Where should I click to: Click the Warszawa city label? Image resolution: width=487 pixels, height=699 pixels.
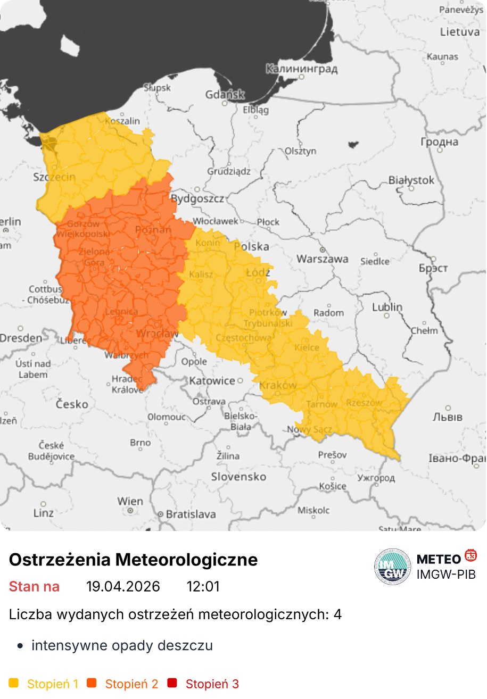pyautogui.click(x=323, y=259)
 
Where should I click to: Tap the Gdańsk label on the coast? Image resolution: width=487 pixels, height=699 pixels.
pyautogui.click(x=225, y=95)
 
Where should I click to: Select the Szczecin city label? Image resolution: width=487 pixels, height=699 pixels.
pyautogui.click(x=54, y=177)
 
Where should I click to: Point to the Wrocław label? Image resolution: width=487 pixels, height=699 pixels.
pyautogui.click(x=158, y=334)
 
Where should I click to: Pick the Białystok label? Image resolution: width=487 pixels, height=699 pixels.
pyautogui.click(x=411, y=180)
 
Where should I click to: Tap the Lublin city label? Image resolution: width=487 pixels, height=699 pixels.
pyautogui.click(x=387, y=307)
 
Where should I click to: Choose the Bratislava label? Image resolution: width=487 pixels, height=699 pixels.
pyautogui.click(x=191, y=514)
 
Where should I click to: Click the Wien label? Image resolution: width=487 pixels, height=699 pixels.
pyautogui.click(x=130, y=501)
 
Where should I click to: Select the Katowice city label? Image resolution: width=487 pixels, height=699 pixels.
pyautogui.click(x=212, y=381)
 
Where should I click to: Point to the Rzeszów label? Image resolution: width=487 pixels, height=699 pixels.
pyautogui.click(x=364, y=403)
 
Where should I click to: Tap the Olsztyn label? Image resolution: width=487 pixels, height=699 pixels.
pyautogui.click(x=301, y=151)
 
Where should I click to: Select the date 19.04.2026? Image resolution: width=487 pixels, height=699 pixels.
pyautogui.click(x=123, y=587)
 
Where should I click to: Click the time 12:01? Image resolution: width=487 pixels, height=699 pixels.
pyautogui.click(x=203, y=587)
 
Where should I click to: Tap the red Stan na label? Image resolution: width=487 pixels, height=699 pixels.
pyautogui.click(x=34, y=587)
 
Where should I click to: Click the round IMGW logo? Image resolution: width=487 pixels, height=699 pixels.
pyautogui.click(x=393, y=567)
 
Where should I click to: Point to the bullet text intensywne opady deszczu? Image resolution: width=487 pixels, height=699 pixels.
pyautogui.click(x=122, y=646)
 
